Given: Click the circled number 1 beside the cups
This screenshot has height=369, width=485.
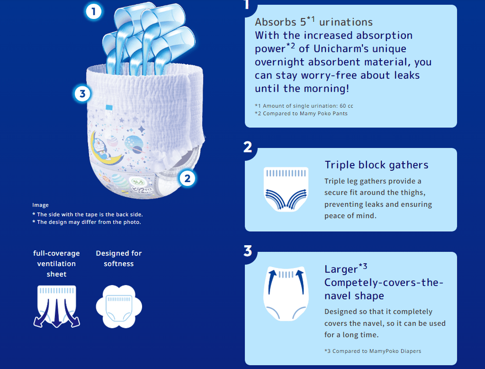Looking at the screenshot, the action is tap(94, 12).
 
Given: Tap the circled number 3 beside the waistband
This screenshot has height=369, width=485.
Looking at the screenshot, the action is tap(82, 94).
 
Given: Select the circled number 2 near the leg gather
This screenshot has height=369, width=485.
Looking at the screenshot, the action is tap(187, 178).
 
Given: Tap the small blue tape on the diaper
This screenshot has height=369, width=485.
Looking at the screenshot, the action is tap(109, 108).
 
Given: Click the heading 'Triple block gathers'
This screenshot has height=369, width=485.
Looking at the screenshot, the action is tap(376, 165).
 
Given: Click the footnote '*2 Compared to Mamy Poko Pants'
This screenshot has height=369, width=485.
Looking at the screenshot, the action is tap(301, 114).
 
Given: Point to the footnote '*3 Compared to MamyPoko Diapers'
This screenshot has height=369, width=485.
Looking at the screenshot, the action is tap(372, 351).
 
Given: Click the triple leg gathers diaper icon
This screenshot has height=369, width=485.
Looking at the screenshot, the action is tap(286, 189).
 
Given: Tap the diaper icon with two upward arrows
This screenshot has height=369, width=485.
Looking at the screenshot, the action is tap(286, 293).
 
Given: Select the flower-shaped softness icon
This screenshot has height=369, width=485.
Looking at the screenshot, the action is tap(119, 306).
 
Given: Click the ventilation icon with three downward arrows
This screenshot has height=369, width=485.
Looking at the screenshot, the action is tap(57, 306).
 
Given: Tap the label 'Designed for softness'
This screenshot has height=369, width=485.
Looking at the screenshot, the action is tap(119, 258).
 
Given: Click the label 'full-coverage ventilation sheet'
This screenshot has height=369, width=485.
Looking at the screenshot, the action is tap(56, 264).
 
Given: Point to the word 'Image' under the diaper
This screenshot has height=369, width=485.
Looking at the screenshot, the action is tap(41, 205).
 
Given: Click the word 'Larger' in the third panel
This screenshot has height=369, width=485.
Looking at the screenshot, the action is tap(341, 269).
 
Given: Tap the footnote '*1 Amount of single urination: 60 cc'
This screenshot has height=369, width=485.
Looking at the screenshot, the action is tap(304, 106).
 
